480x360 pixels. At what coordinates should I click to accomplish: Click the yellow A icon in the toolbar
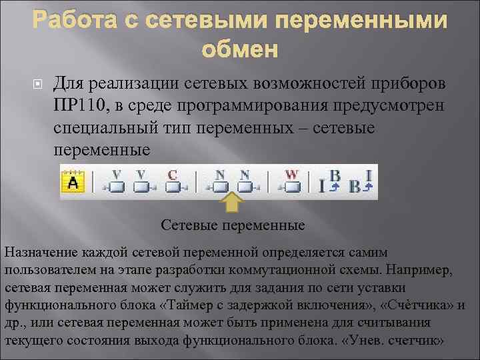pos(73,182)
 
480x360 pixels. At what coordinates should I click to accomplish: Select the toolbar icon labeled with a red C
pos(175,182)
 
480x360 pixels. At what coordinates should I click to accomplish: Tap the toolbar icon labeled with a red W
pos(292,182)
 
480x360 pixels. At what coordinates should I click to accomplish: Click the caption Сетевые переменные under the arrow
pos(233,225)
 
